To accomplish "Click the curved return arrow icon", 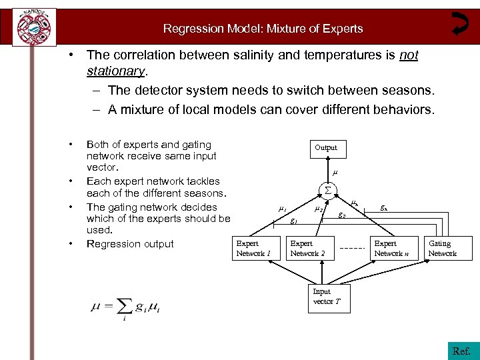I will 460,23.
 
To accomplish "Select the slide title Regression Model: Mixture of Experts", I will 263,29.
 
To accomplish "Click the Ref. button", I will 461,351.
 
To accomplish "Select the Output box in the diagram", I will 326,148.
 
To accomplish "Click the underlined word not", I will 409,55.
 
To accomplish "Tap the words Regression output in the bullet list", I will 130,244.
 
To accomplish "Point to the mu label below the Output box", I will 335,173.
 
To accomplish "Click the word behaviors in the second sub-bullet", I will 403,109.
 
